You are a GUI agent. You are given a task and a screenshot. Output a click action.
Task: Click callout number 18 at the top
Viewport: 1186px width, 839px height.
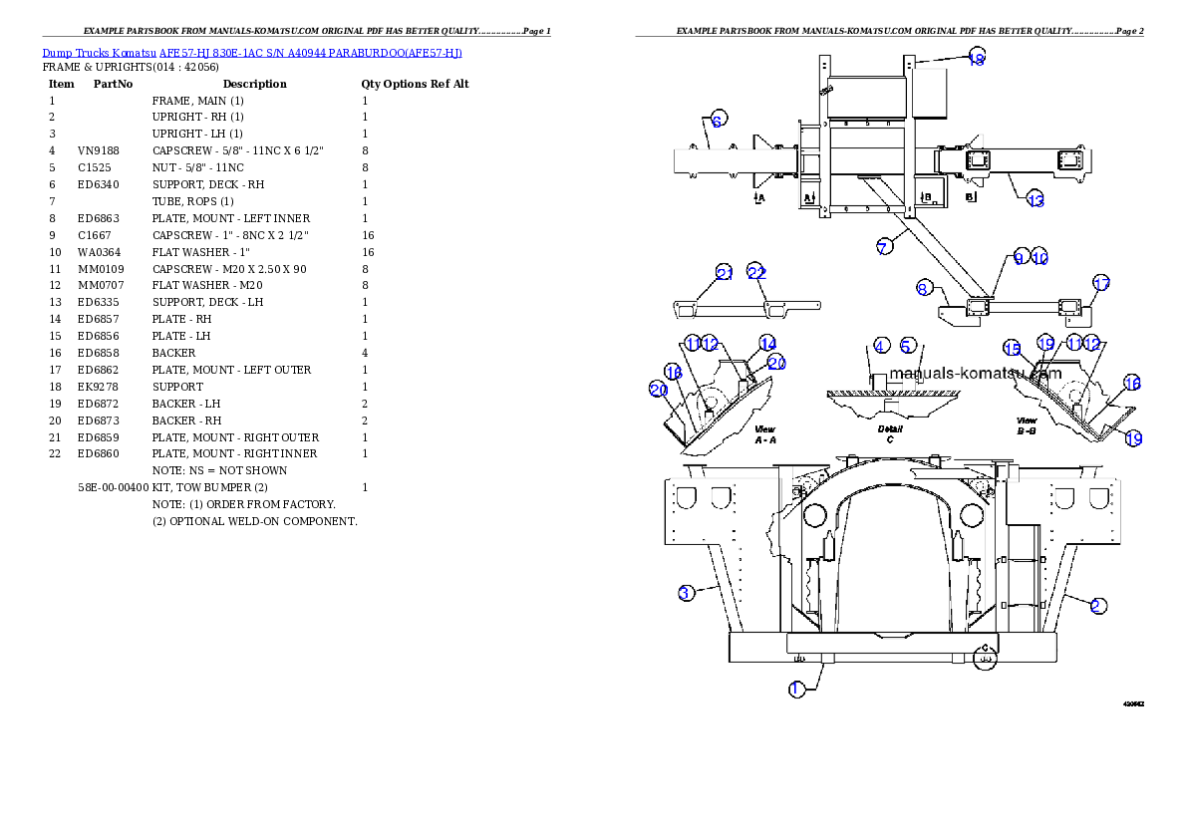(977, 59)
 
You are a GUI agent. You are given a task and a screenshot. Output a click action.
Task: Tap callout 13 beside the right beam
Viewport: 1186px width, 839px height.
(1036, 200)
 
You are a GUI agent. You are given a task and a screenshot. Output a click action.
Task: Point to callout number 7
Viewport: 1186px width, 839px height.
(884, 247)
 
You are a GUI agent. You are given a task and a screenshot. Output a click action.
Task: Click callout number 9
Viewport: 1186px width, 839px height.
(1019, 257)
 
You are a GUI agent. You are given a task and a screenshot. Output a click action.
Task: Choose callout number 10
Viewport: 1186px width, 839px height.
(1039, 257)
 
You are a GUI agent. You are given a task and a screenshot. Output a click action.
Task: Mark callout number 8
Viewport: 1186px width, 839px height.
(924, 289)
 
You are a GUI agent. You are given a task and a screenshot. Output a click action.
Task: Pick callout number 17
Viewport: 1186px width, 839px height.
(1100, 284)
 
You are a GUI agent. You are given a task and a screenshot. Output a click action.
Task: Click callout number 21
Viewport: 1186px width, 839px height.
(725, 273)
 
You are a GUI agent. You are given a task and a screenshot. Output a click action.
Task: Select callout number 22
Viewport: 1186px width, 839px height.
(757, 273)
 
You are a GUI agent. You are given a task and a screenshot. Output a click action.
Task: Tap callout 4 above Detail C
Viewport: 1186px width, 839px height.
(881, 346)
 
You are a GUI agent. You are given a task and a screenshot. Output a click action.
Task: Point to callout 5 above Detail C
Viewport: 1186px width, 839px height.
(907, 346)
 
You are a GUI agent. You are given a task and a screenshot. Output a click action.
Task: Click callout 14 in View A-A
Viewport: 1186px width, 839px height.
(767, 344)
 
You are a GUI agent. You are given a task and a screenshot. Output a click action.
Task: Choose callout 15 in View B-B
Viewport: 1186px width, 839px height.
(1012, 349)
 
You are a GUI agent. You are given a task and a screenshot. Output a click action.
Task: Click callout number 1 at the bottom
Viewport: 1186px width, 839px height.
(796, 690)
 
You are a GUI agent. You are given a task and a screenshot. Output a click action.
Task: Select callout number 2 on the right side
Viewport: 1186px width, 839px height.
(1096, 605)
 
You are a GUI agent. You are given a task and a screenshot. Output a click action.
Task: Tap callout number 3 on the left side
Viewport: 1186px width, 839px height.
(686, 593)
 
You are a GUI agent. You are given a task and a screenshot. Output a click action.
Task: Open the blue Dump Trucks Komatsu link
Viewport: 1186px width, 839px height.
(252, 52)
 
